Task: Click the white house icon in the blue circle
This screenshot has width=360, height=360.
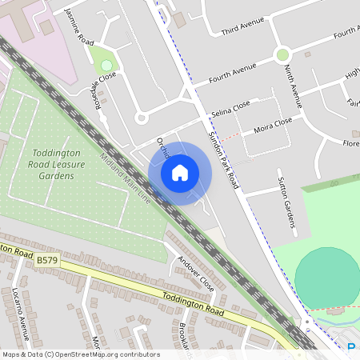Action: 180,173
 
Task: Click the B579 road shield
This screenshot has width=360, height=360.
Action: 47,260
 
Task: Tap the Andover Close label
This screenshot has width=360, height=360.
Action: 196,273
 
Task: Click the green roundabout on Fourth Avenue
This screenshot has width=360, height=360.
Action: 282,54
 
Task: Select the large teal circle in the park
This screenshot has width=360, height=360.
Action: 326,278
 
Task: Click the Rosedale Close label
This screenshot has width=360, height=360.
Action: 105,89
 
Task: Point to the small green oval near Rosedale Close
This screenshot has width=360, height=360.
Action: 106,65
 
